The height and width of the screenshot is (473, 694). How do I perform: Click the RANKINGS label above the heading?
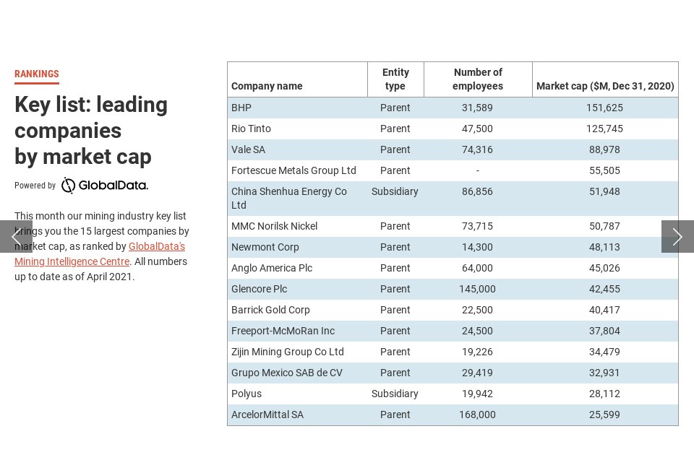coord(37,74)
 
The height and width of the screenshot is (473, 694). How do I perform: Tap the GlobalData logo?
coord(104,186)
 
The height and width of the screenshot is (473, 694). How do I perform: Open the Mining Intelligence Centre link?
coord(72,261)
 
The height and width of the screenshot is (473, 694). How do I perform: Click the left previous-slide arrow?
coord(16,237)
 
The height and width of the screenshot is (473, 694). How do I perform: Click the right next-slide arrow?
coord(677,237)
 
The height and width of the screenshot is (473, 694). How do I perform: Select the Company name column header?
coord(267,86)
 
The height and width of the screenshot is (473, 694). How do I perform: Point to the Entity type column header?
coord(395,79)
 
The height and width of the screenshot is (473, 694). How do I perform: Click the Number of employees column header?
coord(478,79)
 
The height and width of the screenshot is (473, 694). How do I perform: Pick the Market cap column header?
coord(605,86)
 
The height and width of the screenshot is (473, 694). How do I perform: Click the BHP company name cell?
coord(241,108)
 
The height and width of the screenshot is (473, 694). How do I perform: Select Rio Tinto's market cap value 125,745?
coord(604,129)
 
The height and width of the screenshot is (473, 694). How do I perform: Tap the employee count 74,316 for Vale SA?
coord(477,149)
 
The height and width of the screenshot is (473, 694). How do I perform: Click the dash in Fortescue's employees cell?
coord(478,170)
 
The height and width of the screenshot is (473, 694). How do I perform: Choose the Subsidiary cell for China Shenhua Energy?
coord(395,191)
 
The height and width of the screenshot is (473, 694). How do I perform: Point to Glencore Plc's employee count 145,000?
coord(477,289)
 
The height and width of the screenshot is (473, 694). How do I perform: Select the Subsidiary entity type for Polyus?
coord(395,394)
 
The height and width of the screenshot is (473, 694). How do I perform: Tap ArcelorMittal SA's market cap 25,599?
coord(604,415)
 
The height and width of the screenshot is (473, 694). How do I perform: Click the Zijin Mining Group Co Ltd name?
coord(288,352)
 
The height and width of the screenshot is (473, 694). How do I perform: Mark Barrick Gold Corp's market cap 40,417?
coord(604,310)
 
